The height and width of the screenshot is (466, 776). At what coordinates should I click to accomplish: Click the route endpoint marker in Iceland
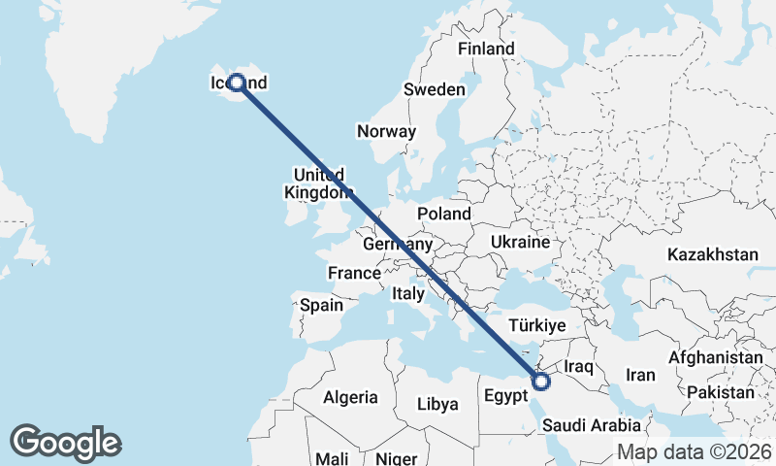coord(236,83)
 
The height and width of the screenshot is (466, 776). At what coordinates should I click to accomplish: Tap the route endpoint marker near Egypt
coord(541,382)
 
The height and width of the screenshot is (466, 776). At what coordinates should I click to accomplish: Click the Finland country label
coord(486,49)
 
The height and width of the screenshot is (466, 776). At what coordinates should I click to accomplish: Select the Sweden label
coord(434,89)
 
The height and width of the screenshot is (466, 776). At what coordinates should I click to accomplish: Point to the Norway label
coord(386,132)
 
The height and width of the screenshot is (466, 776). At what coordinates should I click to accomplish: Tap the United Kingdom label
coord(318,183)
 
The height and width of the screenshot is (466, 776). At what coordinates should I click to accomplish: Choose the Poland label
coord(443,214)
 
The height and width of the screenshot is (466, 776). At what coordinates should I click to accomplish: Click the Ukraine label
coord(521,242)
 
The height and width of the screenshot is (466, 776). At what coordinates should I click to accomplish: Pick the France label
coord(354,274)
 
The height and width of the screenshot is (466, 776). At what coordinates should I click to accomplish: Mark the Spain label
coord(321,305)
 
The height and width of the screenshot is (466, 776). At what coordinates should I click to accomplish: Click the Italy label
coord(408,293)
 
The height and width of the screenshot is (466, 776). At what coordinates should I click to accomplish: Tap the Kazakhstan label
coord(712,254)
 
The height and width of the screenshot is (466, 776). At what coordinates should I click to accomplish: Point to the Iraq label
coord(578,366)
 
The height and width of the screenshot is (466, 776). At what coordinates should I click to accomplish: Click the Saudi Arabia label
coord(592,425)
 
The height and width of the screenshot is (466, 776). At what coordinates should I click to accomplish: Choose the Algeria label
coord(350,397)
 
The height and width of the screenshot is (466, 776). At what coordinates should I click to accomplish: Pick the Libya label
coord(436,404)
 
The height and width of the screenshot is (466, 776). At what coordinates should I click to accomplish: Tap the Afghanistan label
coord(716,357)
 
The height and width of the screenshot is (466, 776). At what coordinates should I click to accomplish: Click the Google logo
coord(65,443)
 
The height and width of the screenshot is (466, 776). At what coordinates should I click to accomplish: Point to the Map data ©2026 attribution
coord(694,451)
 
